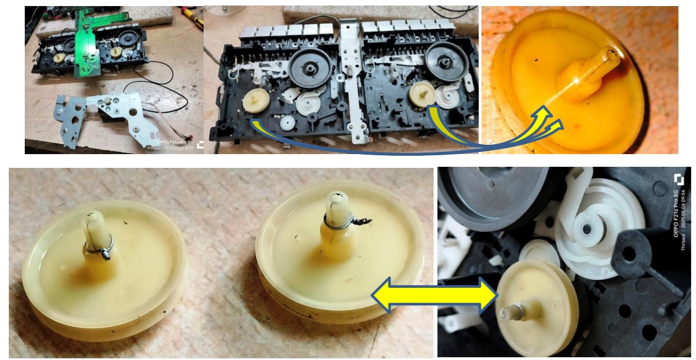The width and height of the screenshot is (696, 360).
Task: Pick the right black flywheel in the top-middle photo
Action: tap(446, 61)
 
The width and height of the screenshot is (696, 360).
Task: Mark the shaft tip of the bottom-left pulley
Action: tap(92, 218)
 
